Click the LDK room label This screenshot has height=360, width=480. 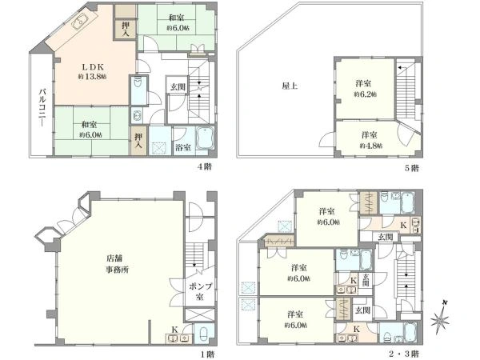93,67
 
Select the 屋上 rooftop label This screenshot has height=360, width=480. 290,86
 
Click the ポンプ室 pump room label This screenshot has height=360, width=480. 200,291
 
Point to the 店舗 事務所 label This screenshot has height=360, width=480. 118,264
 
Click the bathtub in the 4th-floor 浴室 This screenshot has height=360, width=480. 205,138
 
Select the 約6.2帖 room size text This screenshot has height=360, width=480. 366,94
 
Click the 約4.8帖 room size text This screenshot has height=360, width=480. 370,146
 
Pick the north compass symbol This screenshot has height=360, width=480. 440,318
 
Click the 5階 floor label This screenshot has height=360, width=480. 411,168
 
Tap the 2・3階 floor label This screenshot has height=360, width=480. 404,354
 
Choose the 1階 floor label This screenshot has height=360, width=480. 207,354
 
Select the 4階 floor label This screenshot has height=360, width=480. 204,167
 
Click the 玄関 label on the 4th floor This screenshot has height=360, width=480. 178,87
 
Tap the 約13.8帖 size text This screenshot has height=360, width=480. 92,77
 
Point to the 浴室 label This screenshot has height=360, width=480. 183,147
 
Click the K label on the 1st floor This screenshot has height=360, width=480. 174,330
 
